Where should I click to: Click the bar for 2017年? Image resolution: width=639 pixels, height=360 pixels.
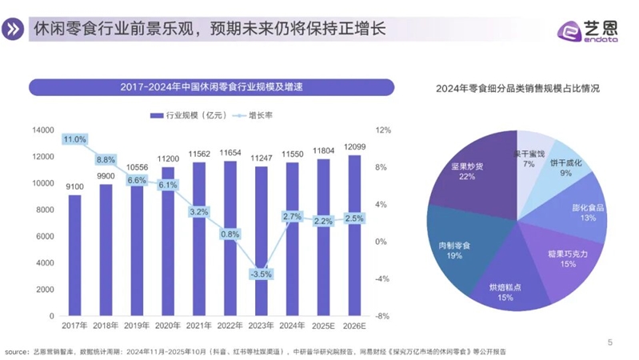click(x=74, y=256)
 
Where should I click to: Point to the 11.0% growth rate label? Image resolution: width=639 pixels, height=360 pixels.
click(x=74, y=139)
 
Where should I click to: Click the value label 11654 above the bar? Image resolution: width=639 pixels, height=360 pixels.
click(x=230, y=152)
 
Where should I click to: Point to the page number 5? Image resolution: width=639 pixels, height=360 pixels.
click(x=611, y=342)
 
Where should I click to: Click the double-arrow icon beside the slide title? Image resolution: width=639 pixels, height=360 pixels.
click(x=14, y=30)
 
